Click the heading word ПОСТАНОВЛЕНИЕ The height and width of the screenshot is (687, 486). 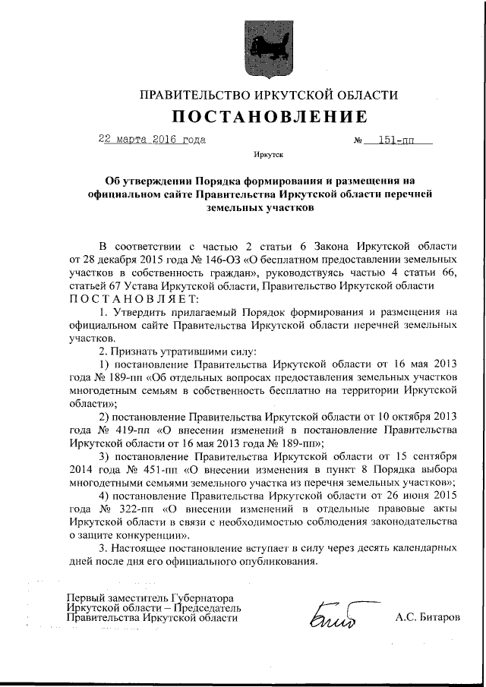(270, 116)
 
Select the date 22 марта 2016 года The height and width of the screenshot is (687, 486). (152, 140)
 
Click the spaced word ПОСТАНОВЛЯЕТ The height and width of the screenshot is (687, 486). (134, 298)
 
